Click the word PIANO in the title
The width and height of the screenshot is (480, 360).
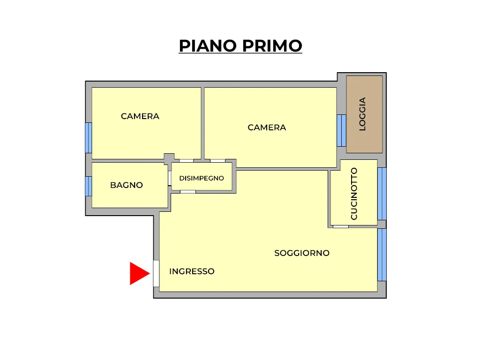(x=208, y=46)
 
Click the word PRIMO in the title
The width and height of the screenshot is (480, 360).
(x=272, y=46)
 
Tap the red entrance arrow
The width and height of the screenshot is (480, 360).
(x=140, y=273)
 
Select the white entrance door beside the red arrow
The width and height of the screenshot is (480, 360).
(x=156, y=273)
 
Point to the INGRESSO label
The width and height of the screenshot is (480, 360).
(x=192, y=271)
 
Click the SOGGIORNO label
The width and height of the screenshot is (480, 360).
(x=302, y=253)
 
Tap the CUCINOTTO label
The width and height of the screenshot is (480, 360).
(x=354, y=194)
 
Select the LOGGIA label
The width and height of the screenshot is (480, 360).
(x=362, y=114)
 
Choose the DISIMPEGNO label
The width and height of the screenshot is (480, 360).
(x=202, y=178)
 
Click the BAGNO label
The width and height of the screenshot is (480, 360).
(x=127, y=185)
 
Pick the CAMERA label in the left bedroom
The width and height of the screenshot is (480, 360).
(x=140, y=116)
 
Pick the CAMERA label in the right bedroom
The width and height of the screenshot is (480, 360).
(x=267, y=127)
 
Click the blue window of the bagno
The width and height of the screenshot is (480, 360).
(x=89, y=186)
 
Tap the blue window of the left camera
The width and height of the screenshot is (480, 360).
(x=89, y=138)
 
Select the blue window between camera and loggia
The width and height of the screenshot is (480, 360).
(x=341, y=130)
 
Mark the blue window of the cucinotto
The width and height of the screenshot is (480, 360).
(x=382, y=194)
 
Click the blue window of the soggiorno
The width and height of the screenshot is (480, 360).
(x=382, y=255)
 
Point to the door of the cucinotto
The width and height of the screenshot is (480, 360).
(x=341, y=227)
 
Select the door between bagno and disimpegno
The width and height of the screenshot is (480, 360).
(x=169, y=178)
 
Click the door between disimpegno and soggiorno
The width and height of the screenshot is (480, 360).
(x=188, y=192)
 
